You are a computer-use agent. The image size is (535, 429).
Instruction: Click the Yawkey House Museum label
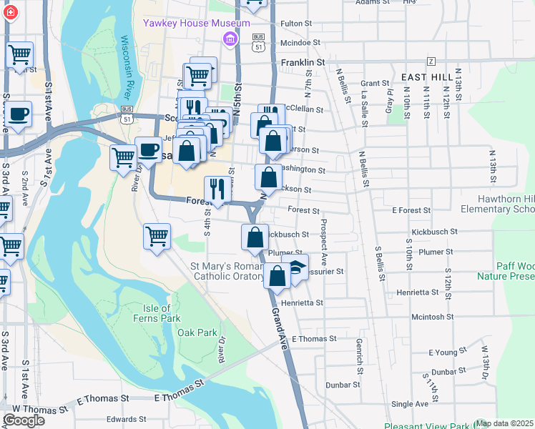(x=195, y=23)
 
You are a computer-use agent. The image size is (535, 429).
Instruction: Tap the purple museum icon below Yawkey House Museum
(x=230, y=38)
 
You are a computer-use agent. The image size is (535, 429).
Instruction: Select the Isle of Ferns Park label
(x=151, y=312)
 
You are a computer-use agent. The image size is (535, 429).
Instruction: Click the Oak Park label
(x=197, y=332)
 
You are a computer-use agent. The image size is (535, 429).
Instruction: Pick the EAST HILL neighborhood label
(x=427, y=76)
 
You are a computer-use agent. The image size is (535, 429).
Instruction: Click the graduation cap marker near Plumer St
(x=296, y=269)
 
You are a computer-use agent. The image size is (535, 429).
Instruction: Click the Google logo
(x=24, y=420)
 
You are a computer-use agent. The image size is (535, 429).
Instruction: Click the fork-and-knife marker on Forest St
(x=217, y=189)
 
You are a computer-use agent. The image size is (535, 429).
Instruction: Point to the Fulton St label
(x=296, y=24)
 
